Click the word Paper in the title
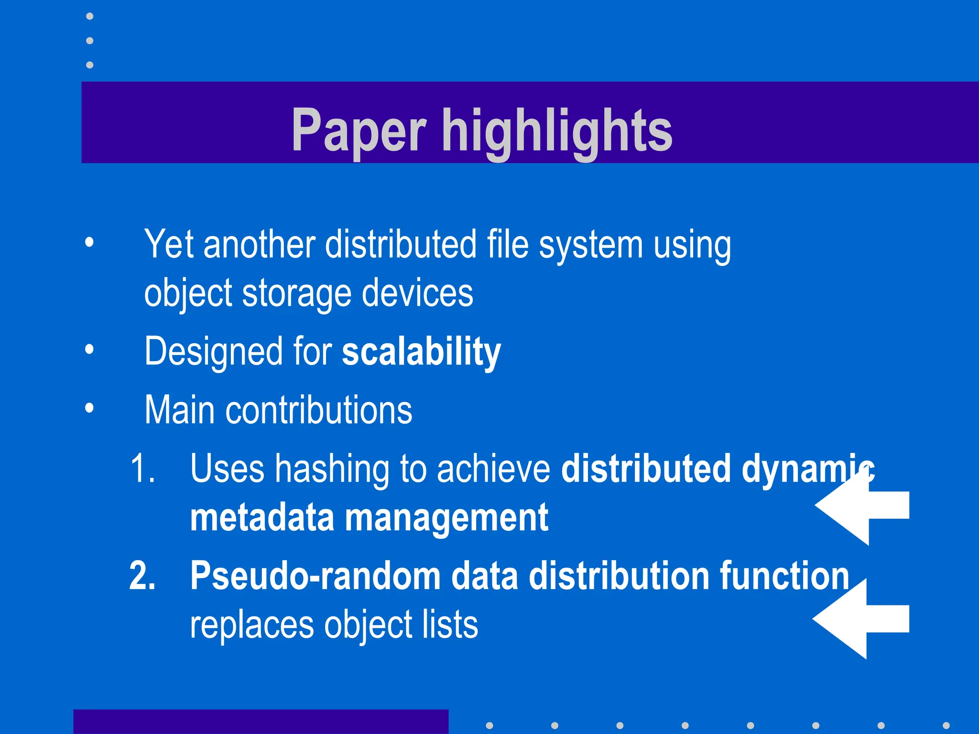[359, 130]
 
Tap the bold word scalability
[421, 352]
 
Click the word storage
[297, 293]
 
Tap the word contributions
[319, 410]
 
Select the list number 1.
[142, 469]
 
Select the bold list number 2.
[142, 576]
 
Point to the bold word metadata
[262, 518]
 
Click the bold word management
[446, 518]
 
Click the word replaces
[252, 625]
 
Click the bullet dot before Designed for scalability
[89, 350]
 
